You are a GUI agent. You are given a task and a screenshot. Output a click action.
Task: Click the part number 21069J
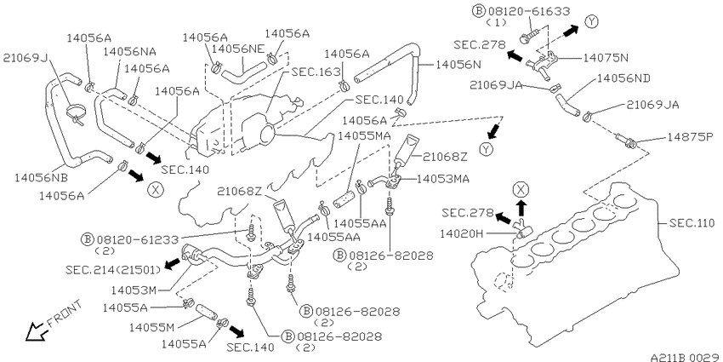tap(26, 58)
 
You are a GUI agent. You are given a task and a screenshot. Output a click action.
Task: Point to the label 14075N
tap(606, 58)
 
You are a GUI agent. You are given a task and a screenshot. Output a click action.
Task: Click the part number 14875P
tap(691, 137)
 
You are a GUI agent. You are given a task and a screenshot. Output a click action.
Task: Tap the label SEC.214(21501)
tap(113, 269)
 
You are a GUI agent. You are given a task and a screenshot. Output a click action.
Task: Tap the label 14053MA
tap(441, 179)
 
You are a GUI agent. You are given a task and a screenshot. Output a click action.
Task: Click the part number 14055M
tap(151, 327)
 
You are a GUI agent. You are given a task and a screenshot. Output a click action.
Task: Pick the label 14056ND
tap(623, 78)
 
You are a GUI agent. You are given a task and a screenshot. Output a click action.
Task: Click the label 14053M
tap(134, 290)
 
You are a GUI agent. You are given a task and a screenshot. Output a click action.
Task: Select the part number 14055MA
tap(364, 135)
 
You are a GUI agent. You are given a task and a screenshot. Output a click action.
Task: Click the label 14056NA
tap(130, 51)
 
